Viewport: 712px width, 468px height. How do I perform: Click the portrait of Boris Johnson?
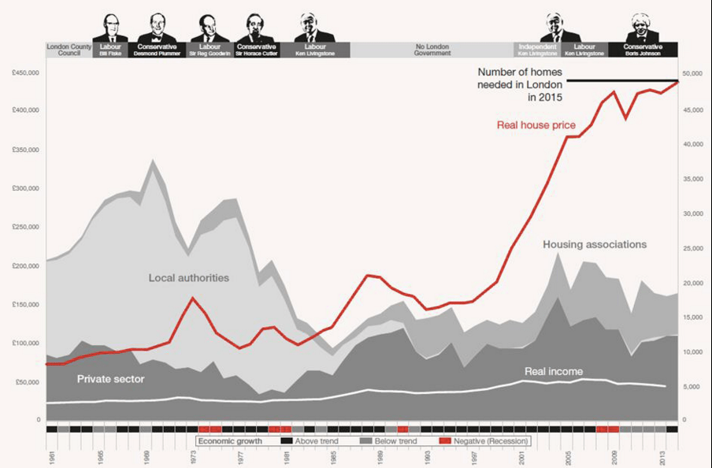pyautogui.click(x=643, y=28)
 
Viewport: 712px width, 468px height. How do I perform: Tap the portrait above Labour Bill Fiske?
pyautogui.click(x=109, y=28)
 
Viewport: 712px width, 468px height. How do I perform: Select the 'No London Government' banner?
pyautogui.click(x=432, y=50)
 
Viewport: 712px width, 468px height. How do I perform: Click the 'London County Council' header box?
pyautogui.click(x=69, y=50)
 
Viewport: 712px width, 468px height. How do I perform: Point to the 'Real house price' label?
pyautogui.click(x=536, y=124)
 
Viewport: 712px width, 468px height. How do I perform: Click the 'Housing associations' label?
pyautogui.click(x=595, y=245)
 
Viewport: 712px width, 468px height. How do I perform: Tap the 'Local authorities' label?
pyautogui.click(x=189, y=278)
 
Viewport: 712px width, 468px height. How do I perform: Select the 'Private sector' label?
pyautogui.click(x=110, y=379)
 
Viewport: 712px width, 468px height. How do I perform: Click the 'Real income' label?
pyautogui.click(x=554, y=371)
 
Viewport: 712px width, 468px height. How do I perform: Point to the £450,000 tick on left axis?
pyautogui.click(x=26, y=73)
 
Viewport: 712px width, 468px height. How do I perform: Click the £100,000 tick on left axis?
pyautogui.click(x=26, y=344)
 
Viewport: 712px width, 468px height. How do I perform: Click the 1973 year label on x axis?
pyautogui.click(x=193, y=456)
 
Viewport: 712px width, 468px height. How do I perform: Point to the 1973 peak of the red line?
pyautogui.click(x=193, y=298)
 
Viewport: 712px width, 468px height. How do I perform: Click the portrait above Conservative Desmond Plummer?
pyautogui.click(x=157, y=28)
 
